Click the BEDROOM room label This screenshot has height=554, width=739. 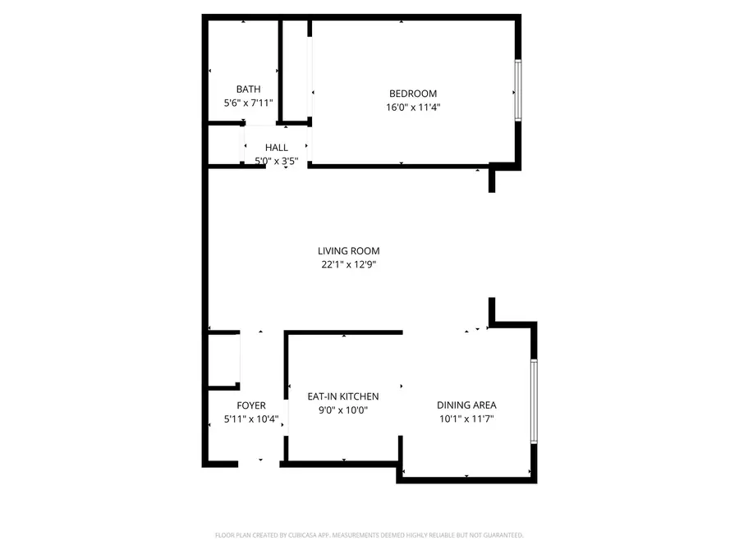coord(412,94)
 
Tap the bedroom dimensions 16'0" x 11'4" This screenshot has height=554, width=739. coord(412,107)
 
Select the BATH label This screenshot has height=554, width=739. coord(249,89)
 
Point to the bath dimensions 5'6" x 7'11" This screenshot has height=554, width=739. coord(249,103)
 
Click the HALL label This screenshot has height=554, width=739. coord(276,148)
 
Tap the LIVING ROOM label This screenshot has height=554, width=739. coord(349,251)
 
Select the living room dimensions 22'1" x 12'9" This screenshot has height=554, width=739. coord(349,264)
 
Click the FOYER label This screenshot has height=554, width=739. coord(251,405)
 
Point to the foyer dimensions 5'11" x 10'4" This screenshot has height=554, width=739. coord(251,419)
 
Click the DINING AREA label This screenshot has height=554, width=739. coord(466,405)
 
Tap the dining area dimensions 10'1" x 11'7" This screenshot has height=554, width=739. coord(466,419)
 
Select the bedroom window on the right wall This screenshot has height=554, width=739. coord(518,90)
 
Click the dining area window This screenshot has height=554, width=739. coord(534,401)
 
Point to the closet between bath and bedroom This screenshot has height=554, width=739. coord(295,72)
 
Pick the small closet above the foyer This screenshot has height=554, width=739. coord(223,359)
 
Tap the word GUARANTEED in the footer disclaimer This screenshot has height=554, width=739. coord(501,535)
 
